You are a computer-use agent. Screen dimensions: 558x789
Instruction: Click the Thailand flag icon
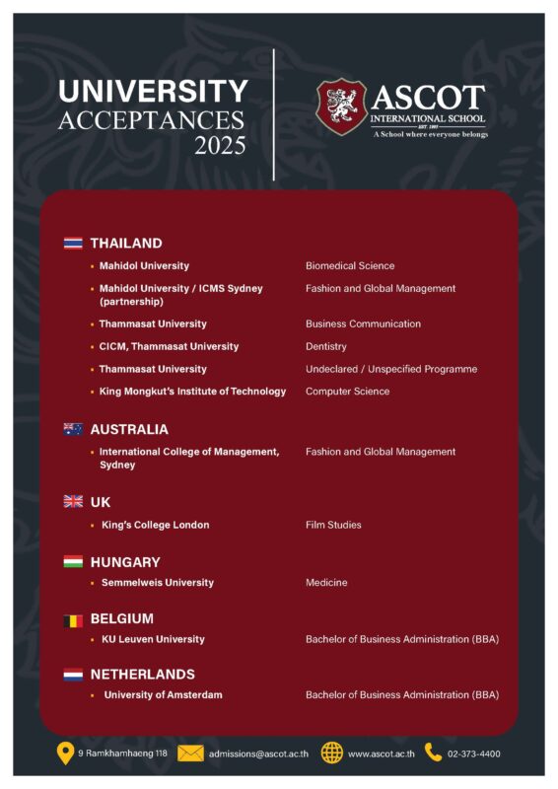pos(73,243)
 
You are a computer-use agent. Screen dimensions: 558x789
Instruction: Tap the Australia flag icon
pos(73,429)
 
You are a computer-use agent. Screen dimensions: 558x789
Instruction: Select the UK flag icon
pos(73,502)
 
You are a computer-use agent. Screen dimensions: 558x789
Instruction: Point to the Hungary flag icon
pos(73,562)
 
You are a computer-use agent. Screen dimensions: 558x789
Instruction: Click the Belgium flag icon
pos(73,619)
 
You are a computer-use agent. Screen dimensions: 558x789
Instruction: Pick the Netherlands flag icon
pos(73,675)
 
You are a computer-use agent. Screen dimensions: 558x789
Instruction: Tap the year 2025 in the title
pos(220,147)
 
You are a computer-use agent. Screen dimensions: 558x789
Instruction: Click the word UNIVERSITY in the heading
pos(153,92)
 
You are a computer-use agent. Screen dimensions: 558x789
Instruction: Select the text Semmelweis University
pos(157,583)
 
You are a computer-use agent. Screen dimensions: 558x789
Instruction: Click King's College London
pos(155,525)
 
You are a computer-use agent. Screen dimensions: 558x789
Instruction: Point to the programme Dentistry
pos(326,346)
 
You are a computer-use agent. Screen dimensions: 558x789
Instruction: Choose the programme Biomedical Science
pos(350,265)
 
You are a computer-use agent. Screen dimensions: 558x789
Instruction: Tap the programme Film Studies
pos(333,525)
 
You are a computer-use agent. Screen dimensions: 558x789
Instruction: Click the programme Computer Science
pos(347,392)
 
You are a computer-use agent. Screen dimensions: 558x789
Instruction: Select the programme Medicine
pos(326,583)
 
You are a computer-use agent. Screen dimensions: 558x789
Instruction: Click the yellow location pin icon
pos(65,753)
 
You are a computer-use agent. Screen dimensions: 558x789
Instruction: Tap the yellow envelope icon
pos(190,753)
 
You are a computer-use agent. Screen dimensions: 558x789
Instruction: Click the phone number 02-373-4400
pos(474,753)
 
